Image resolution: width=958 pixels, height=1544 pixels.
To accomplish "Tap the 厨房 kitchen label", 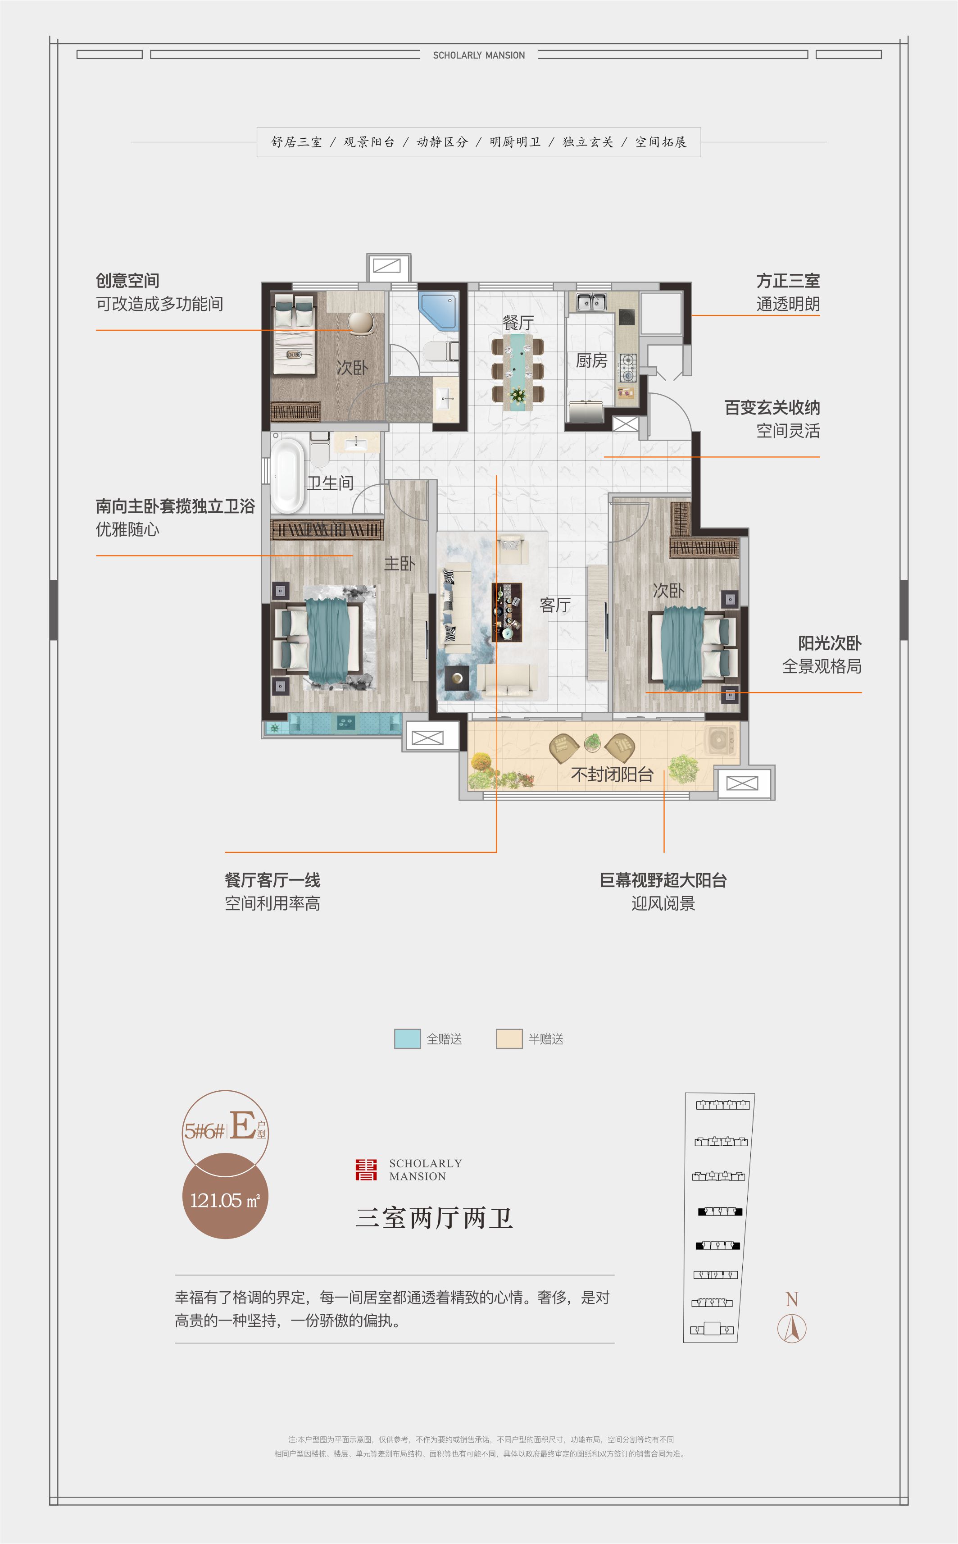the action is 591,360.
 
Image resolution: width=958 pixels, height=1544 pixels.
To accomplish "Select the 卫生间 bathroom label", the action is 330,483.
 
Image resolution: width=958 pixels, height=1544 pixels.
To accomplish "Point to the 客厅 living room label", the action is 555,606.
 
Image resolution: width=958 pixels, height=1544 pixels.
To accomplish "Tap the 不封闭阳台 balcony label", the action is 612,774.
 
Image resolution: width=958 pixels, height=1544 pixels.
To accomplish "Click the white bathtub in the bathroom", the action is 288,475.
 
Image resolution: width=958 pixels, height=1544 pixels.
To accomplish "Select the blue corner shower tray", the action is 438,310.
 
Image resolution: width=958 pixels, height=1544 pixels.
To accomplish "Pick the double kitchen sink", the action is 591,302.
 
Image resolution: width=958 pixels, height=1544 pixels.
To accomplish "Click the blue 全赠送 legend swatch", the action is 408,1039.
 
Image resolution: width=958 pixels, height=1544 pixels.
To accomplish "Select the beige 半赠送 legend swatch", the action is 509,1039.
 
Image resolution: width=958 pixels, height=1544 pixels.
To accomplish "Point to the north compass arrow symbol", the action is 792,1328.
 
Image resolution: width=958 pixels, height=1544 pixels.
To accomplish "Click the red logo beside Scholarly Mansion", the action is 366,1170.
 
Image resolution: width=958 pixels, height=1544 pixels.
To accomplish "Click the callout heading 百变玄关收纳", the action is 772,408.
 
